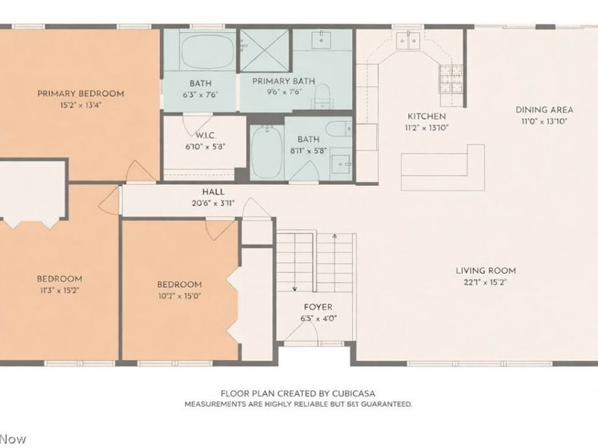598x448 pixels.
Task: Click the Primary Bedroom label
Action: (x=81, y=93)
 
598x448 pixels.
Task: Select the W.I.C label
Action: (x=206, y=135)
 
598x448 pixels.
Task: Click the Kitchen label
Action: (x=426, y=116)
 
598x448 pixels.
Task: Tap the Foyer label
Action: (x=318, y=307)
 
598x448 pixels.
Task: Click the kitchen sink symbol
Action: (x=408, y=40)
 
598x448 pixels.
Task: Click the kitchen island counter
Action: (x=441, y=168)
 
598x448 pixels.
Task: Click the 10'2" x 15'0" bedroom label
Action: (x=179, y=284)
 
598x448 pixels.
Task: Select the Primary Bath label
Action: (x=283, y=81)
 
